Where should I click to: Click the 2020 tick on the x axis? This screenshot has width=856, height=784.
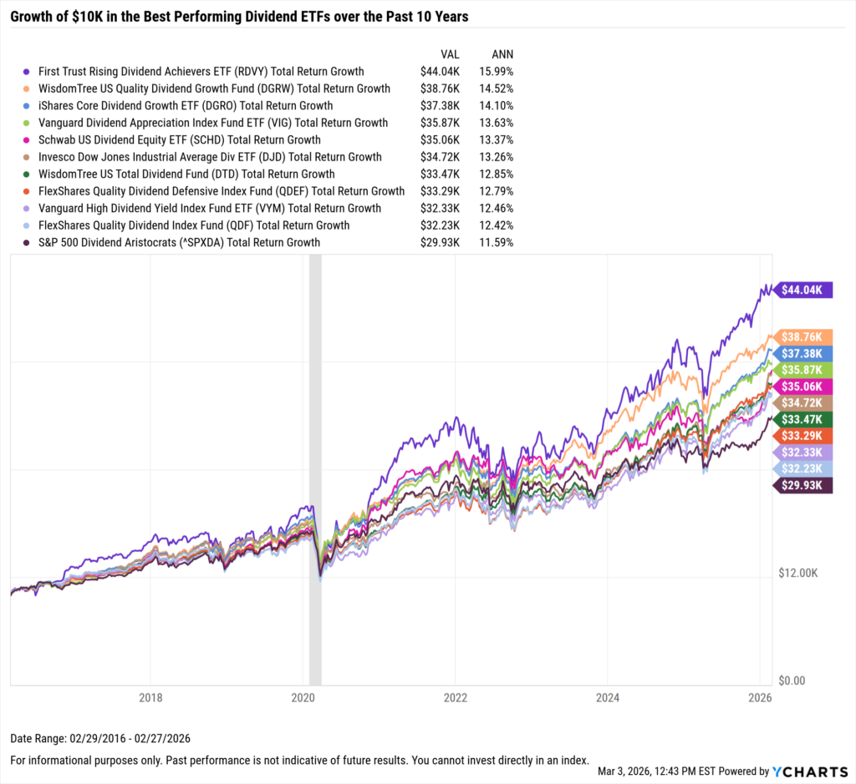click(x=303, y=697)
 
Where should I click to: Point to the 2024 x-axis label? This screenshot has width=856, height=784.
click(x=608, y=697)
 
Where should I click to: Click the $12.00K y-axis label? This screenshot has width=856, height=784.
click(x=796, y=573)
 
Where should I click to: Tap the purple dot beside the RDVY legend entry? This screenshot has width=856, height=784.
click(x=29, y=72)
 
